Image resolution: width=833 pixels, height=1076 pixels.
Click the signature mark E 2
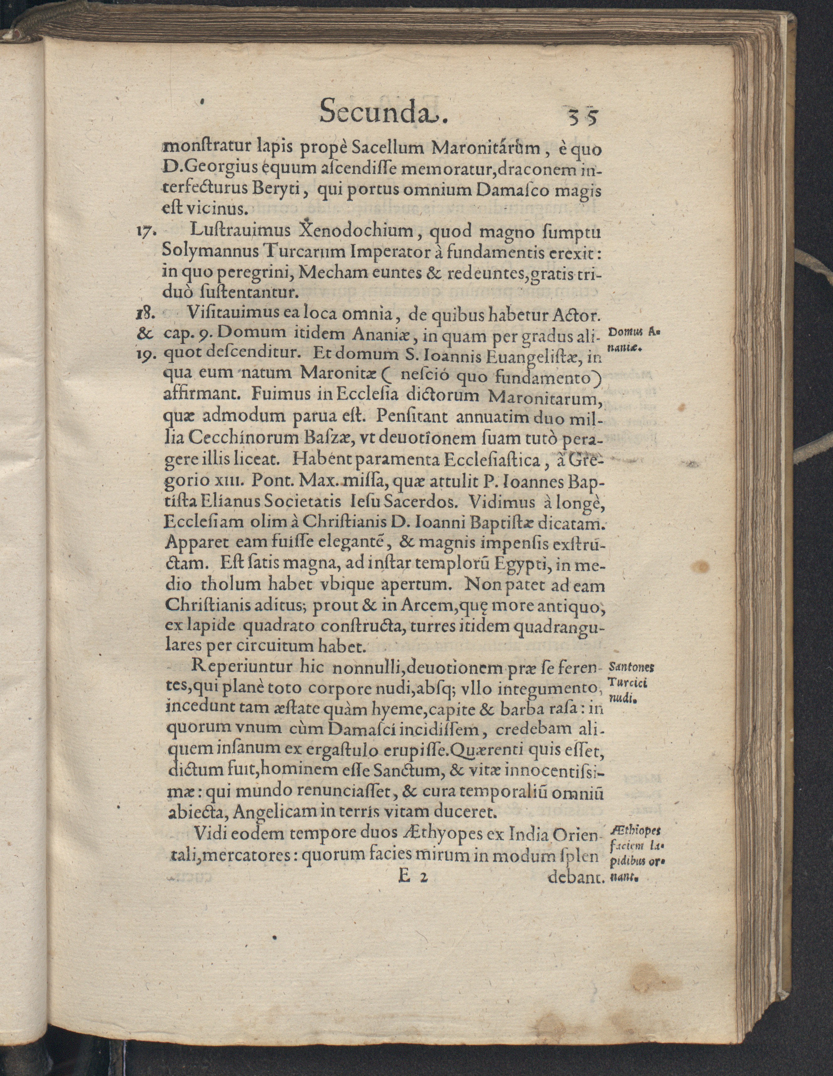click(x=409, y=877)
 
